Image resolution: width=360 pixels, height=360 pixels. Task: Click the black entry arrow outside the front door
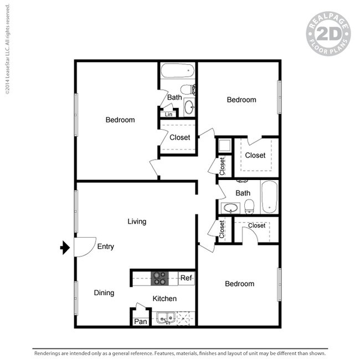pos(64,247)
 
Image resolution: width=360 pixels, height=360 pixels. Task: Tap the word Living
pos(137,222)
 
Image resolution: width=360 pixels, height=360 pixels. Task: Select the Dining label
pos(104,293)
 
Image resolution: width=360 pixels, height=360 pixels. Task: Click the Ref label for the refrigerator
pos(186,278)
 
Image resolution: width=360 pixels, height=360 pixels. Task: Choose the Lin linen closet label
pos(168,115)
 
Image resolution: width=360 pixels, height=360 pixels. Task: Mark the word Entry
pos(105,246)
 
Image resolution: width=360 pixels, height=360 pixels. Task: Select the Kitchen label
pos(164,299)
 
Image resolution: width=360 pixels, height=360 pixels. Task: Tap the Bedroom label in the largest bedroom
pos(120,120)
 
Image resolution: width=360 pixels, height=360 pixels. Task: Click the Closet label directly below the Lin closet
pos(179,137)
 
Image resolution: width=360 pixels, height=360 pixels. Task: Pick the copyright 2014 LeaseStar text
pos(7,50)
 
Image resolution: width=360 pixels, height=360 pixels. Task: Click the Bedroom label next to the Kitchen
pos(239,284)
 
